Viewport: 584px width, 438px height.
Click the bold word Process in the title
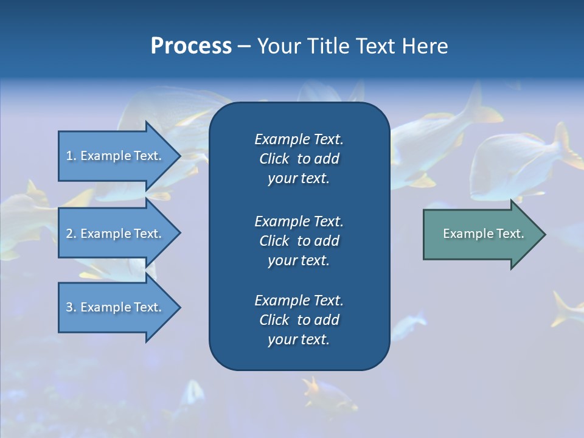(191, 46)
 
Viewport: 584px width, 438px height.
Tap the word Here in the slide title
(425, 46)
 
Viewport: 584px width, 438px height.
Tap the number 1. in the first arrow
(71, 156)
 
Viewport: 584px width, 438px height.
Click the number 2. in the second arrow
(71, 234)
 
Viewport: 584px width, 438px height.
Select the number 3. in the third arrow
(71, 307)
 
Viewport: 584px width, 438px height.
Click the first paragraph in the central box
(299, 159)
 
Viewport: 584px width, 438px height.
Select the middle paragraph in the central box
(299, 241)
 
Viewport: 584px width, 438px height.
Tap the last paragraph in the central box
(299, 320)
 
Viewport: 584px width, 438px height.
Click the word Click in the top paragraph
(274, 159)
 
